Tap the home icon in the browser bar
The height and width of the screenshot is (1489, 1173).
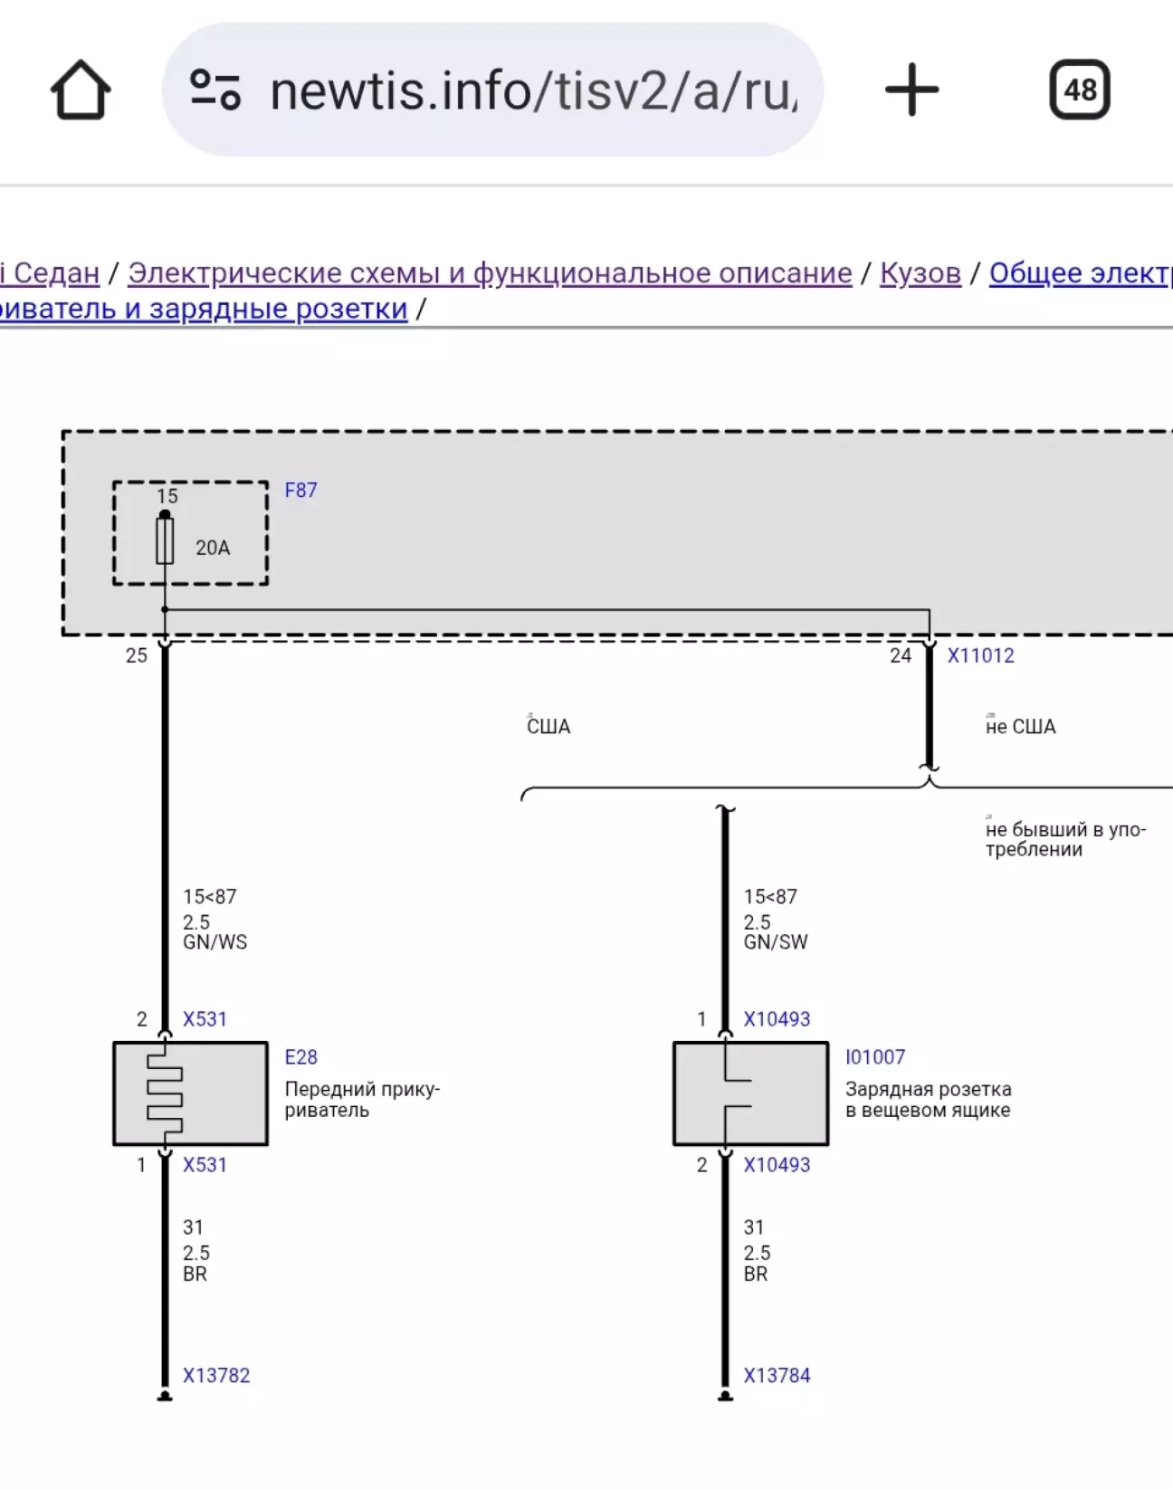point(81,90)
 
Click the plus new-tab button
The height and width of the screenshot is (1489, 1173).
point(911,90)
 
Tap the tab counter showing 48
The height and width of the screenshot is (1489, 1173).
point(1080,90)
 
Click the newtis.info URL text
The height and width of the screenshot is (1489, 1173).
point(534,91)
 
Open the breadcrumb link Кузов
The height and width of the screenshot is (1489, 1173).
point(920,272)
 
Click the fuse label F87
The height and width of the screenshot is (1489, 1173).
point(300,491)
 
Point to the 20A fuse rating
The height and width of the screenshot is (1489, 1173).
point(213,548)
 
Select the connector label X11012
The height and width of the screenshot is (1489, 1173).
point(980,655)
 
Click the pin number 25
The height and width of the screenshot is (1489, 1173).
point(137,655)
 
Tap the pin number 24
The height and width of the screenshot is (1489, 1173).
point(901,655)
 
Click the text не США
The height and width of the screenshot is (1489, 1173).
point(1020,727)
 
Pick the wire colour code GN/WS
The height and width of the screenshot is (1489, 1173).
point(215,942)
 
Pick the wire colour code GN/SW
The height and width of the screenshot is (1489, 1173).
point(776,942)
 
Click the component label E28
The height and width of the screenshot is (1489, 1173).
point(300,1057)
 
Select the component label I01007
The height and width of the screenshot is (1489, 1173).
point(875,1057)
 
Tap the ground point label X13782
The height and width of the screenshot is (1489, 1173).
point(216,1376)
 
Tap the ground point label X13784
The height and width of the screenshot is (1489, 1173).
point(777,1376)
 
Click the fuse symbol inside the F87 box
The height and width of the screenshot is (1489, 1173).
point(165,541)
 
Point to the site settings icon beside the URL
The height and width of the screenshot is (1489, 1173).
point(215,90)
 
